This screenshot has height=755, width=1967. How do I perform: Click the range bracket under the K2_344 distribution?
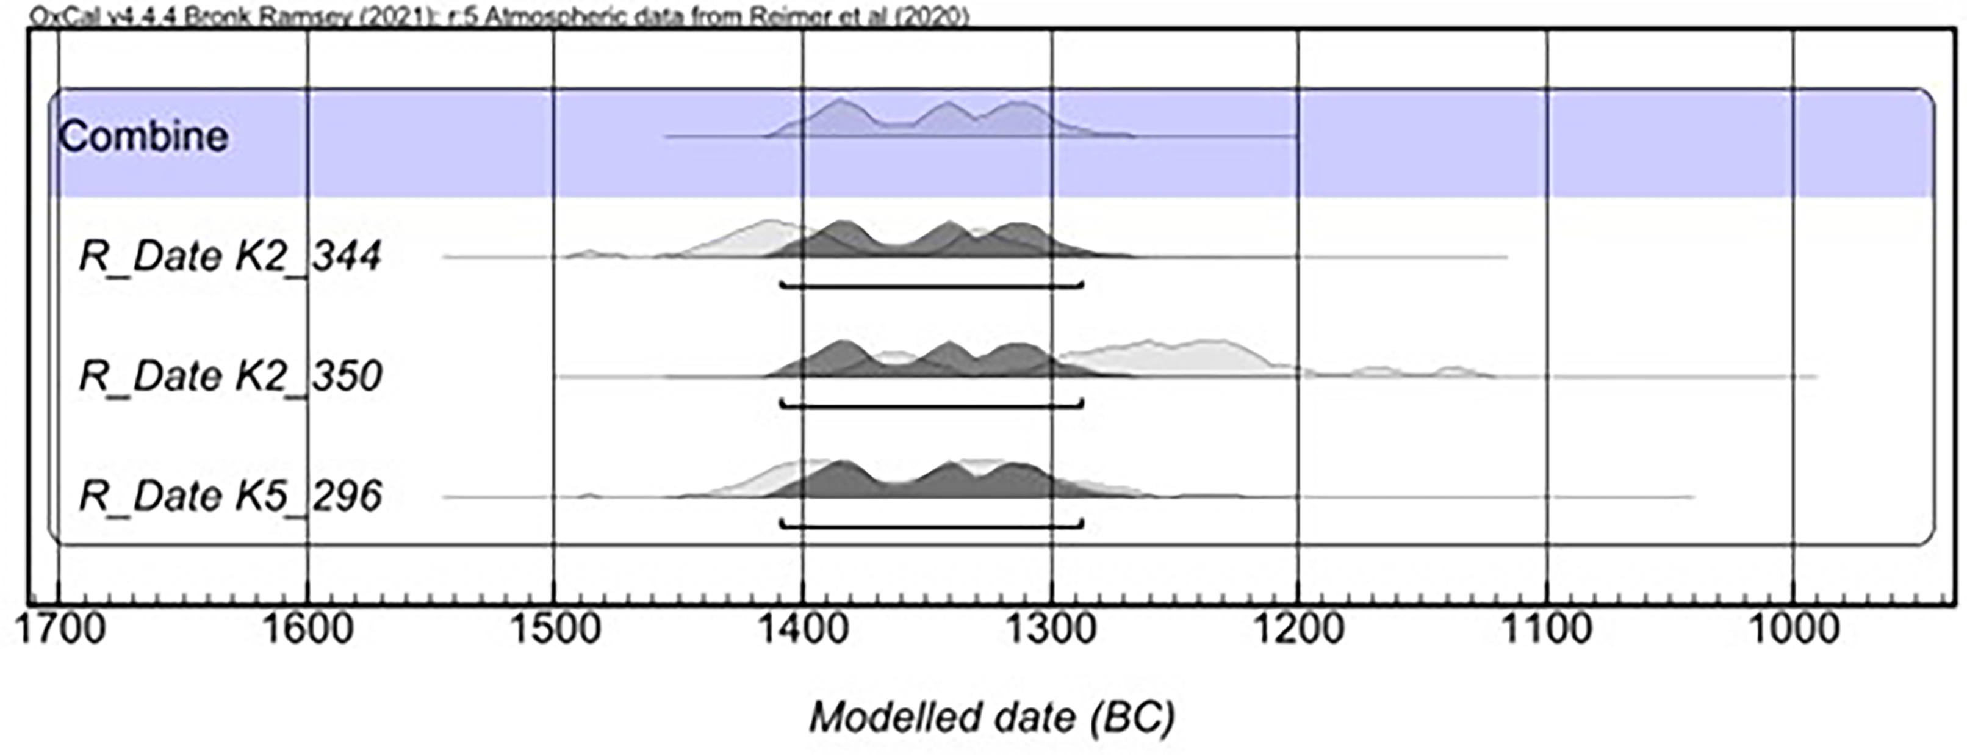tap(932, 287)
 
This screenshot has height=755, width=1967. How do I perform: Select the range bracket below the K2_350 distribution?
tap(932, 406)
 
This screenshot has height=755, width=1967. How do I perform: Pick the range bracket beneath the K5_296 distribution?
tap(932, 526)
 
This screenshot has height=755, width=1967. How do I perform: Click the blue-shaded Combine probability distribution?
tap(947, 122)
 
